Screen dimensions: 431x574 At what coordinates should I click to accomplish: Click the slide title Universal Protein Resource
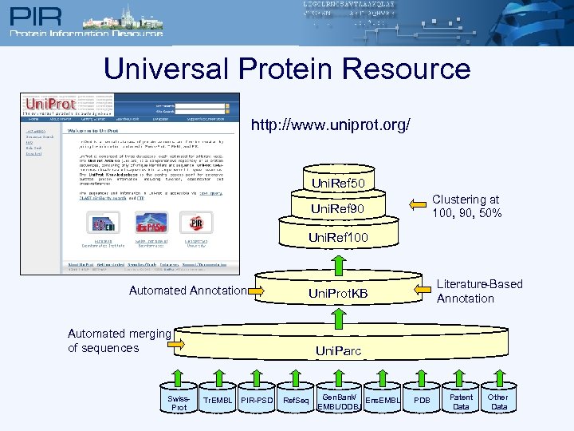[287, 69]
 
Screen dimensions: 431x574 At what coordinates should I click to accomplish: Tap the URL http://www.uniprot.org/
[331, 126]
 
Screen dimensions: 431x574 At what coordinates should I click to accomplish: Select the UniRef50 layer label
[338, 184]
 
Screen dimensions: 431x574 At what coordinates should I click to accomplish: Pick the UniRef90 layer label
[338, 209]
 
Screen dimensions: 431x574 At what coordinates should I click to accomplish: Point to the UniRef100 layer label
[338, 238]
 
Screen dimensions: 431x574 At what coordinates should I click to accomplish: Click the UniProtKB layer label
[338, 293]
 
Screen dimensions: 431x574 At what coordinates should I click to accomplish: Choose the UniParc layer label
[338, 350]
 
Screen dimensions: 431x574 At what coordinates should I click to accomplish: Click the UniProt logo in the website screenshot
[50, 104]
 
